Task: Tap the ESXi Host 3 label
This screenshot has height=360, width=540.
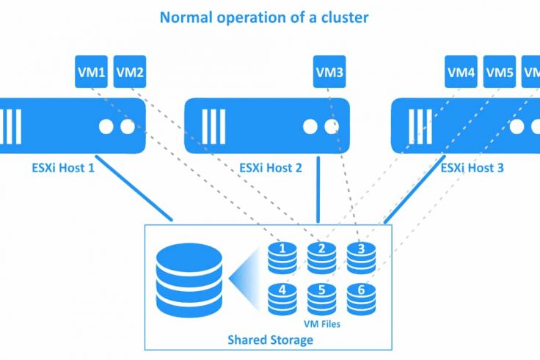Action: click(472, 167)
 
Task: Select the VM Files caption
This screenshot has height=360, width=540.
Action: click(321, 321)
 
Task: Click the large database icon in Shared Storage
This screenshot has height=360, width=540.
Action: click(189, 278)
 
